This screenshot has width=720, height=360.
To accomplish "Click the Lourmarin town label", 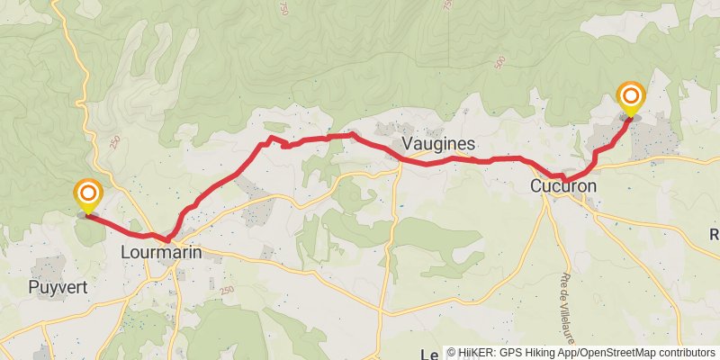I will (x=160, y=253).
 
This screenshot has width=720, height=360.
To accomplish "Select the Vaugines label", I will (x=438, y=144).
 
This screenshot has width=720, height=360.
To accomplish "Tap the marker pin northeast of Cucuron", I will (x=631, y=98).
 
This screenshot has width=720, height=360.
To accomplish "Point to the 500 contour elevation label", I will (x=499, y=63).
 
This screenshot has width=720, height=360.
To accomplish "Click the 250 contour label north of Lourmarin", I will (x=114, y=142).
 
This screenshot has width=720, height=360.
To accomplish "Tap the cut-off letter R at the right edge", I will (x=715, y=234).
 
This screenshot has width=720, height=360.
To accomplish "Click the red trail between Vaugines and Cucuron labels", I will (x=486, y=160).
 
